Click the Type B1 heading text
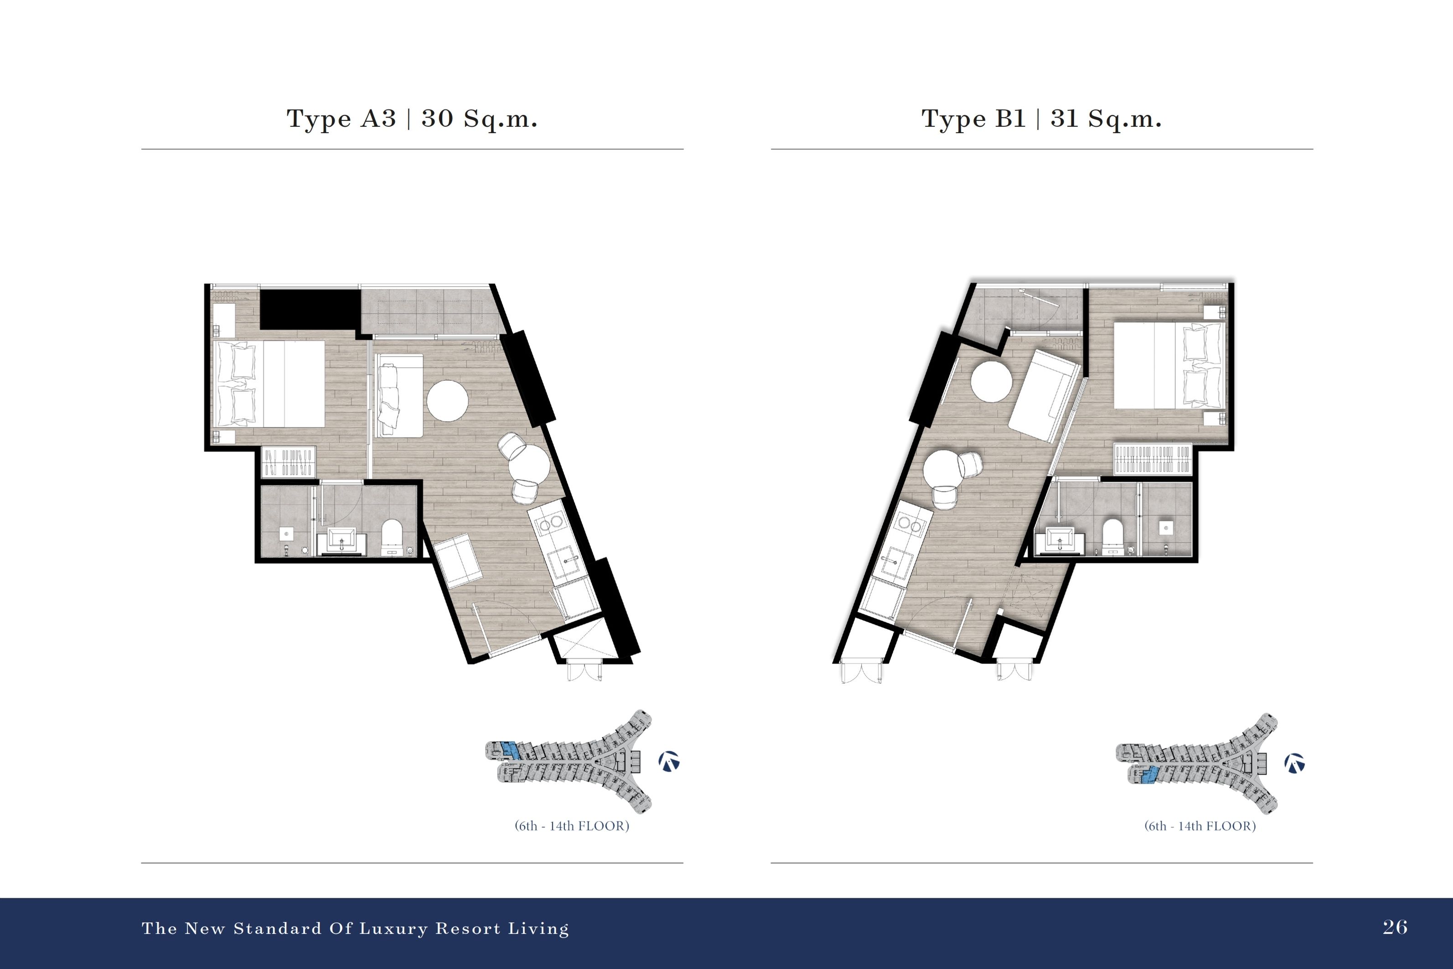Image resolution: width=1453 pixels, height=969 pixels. [1042, 119]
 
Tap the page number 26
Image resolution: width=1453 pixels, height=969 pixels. [1395, 927]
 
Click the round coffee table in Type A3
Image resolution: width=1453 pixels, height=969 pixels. [447, 400]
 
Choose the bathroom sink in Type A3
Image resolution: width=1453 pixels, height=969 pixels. [341, 541]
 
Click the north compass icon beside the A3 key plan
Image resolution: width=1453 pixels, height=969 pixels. [669, 762]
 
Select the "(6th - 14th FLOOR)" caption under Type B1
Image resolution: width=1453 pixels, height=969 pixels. [1200, 826]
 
